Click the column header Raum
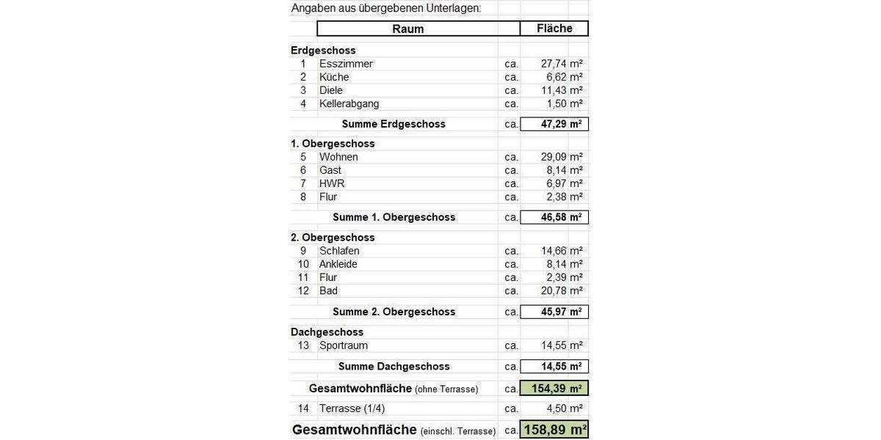[x=408, y=29]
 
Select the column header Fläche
[x=554, y=29]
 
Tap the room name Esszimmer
[x=346, y=64]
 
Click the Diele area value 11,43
[x=551, y=90]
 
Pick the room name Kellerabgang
[x=349, y=103]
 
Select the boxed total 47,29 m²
[x=554, y=124]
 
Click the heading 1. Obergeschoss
[x=333, y=144]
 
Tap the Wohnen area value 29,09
[x=551, y=157]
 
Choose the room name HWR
[x=332, y=183]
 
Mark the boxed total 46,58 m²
[x=554, y=217]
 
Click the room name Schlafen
[x=339, y=251]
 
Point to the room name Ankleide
[x=338, y=264]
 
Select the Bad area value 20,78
[x=551, y=290]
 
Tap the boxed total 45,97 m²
[x=554, y=312]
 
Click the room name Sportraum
[x=344, y=345]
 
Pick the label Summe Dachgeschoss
[x=394, y=366]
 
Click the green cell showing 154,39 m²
[x=554, y=388]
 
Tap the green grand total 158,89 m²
[x=554, y=430]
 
